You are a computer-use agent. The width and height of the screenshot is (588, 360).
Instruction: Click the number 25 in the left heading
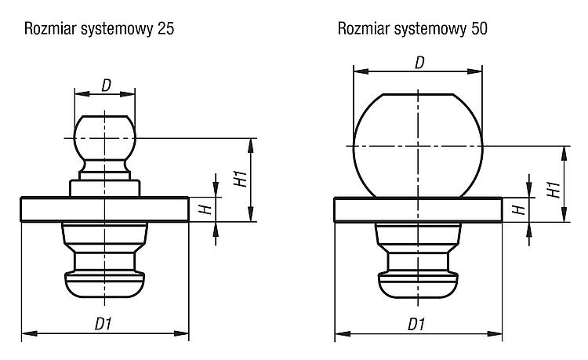(165, 29)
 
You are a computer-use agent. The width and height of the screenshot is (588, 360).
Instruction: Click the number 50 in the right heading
(479, 29)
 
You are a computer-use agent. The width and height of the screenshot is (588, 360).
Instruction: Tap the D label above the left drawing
(107, 85)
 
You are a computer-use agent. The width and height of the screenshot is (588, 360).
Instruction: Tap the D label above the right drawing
(419, 63)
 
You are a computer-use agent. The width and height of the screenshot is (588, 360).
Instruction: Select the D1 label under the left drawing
(103, 324)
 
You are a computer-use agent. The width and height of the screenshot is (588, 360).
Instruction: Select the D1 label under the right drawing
(417, 324)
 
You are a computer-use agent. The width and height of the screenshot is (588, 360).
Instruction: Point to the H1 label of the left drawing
(241, 179)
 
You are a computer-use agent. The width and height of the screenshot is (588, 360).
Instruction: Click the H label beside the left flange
(205, 209)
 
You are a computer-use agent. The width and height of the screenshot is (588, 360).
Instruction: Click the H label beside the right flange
(519, 209)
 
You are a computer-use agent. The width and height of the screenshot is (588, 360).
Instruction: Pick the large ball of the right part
(418, 146)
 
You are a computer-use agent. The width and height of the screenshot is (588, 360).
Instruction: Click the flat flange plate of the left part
(104, 209)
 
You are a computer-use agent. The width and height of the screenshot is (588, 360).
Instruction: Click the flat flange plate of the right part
(418, 209)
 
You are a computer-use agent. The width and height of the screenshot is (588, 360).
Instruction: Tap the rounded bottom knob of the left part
(104, 284)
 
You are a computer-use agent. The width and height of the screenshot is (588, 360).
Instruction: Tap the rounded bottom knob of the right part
(418, 285)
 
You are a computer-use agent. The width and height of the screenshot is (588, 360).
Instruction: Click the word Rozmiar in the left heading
(50, 29)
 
